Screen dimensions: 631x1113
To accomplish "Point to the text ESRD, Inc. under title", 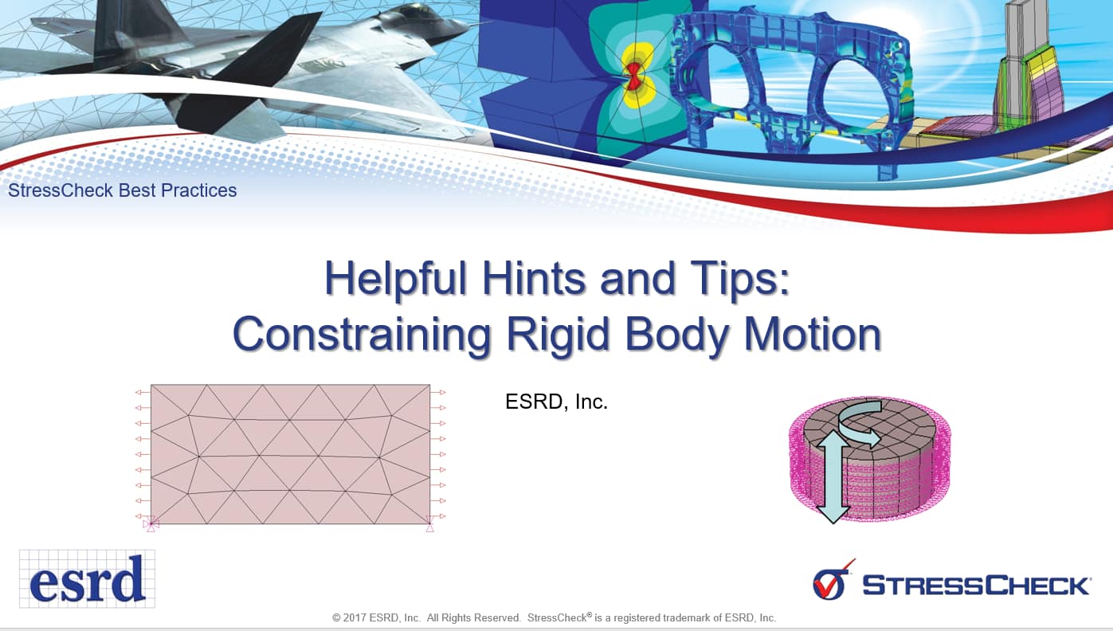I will pos(556,402).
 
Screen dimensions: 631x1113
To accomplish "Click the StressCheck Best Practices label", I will pos(123,190).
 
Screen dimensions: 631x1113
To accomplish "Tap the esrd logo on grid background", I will pos(87,579).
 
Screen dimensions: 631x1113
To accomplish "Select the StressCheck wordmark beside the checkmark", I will pos(976,586).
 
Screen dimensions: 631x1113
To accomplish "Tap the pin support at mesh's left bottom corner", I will pos(151,524).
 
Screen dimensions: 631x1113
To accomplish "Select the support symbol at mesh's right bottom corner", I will pos(430,524).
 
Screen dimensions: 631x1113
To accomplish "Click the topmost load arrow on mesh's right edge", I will pos(438,392).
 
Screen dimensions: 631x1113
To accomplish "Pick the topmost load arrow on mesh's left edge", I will pos(142,392).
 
